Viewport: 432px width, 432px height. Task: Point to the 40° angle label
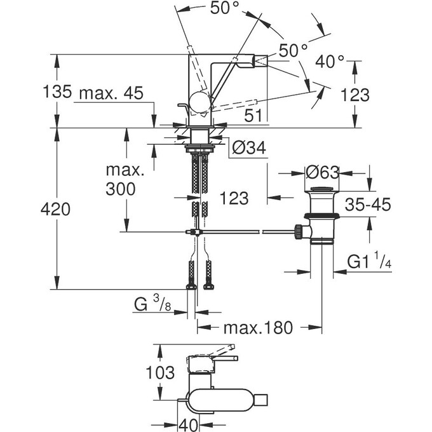click(x=330, y=62)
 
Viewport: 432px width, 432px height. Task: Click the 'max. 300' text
click(x=125, y=179)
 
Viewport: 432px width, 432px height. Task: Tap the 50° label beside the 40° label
click(x=293, y=49)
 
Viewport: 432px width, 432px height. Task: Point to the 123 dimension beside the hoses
click(x=234, y=199)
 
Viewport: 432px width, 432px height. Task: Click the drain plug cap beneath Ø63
click(x=322, y=190)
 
